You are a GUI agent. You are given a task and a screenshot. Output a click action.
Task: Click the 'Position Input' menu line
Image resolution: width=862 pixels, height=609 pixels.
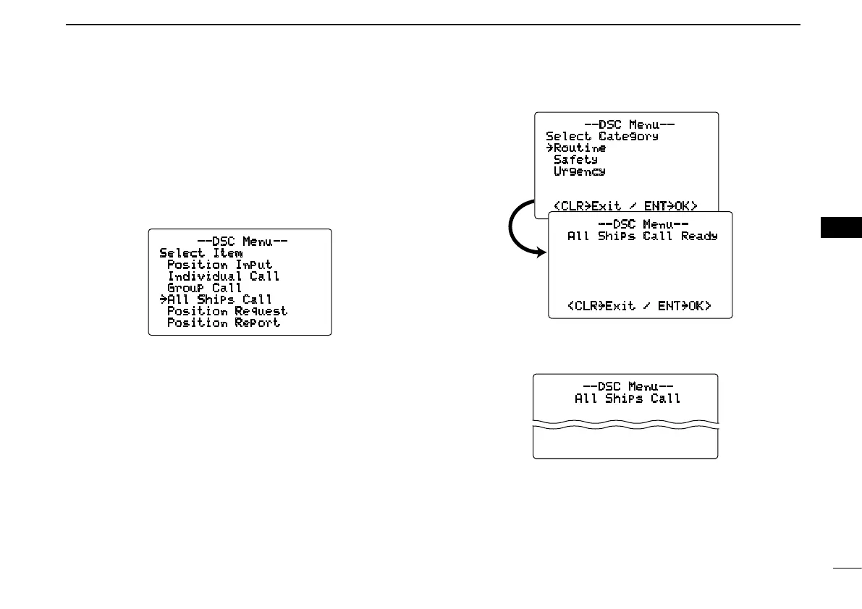[x=220, y=265]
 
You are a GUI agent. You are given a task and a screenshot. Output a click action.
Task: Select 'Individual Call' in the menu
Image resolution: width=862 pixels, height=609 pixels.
[x=224, y=276]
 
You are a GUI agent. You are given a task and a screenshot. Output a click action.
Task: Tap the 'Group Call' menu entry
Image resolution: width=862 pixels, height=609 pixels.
[x=205, y=288]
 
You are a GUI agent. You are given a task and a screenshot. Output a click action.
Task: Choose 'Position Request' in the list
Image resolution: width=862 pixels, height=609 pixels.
[x=227, y=311]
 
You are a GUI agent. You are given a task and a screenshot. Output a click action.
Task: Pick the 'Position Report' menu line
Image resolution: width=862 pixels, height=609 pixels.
[x=224, y=323]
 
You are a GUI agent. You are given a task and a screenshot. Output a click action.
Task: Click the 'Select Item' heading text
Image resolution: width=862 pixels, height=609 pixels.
[x=200, y=253]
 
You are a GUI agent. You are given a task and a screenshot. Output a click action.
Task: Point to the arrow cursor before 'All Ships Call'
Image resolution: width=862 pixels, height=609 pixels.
[x=163, y=299]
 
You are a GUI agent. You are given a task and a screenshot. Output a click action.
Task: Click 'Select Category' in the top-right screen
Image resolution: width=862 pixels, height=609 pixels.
[x=601, y=136]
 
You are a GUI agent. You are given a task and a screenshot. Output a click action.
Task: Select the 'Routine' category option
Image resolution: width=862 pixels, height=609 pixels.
[x=580, y=148]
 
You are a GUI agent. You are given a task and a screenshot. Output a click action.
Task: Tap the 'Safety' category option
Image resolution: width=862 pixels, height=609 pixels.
[x=575, y=159]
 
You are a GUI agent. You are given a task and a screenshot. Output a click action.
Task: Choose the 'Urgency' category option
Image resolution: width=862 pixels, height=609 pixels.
[x=579, y=171]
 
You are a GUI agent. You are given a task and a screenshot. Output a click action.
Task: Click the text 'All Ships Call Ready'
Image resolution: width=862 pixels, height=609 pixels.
[x=642, y=236]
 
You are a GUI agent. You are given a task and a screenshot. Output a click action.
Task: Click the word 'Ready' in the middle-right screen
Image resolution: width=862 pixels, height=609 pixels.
[x=699, y=236]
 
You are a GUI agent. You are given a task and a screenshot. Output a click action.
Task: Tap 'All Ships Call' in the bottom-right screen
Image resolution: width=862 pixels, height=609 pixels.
[x=628, y=398]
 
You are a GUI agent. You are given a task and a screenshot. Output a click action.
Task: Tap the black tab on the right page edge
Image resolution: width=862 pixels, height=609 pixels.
[x=842, y=226]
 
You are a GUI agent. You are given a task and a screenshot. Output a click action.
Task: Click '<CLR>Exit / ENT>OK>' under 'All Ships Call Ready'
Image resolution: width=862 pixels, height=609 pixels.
[x=639, y=306]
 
